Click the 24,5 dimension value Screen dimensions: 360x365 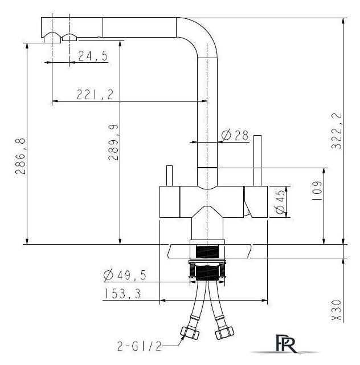(x=93, y=56)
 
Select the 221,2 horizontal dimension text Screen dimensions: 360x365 (x=95, y=95)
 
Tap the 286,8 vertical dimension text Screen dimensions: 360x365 (x=21, y=156)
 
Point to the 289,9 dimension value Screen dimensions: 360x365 (x=113, y=143)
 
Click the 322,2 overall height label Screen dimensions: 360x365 (x=337, y=131)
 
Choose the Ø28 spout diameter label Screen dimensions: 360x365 (x=235, y=135)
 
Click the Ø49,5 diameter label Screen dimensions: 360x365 (x=125, y=275)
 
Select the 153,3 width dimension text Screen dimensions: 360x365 (x=123, y=294)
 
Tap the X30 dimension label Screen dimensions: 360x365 (x=337, y=310)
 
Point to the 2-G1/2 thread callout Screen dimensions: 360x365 (x=140, y=347)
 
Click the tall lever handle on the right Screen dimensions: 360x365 (x=257, y=161)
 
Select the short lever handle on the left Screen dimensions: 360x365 (x=170, y=176)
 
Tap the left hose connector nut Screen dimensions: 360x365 (x=190, y=333)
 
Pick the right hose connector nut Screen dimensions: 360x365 (x=224, y=333)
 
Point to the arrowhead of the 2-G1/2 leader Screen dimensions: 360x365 (x=182, y=338)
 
